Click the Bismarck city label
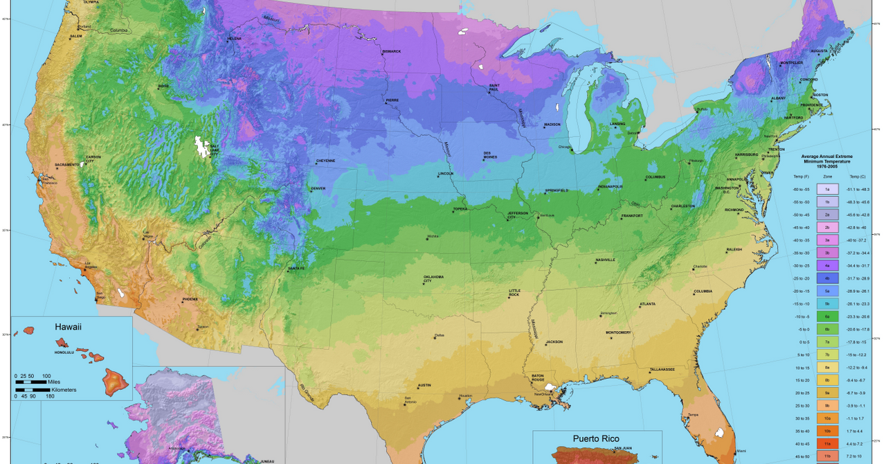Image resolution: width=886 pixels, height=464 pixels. (x=391, y=51)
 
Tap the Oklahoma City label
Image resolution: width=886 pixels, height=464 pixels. (x=434, y=278)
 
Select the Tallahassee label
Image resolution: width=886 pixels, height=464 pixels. (x=662, y=369)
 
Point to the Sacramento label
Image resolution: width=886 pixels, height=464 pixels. (x=67, y=164)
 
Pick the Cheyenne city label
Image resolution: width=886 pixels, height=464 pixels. (x=325, y=161)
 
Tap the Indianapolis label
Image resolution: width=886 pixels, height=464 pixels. (x=611, y=186)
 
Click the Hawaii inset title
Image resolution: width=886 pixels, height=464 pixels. (x=69, y=326)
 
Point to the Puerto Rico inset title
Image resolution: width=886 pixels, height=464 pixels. (x=596, y=438)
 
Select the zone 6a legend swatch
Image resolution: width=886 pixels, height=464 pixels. (x=827, y=316)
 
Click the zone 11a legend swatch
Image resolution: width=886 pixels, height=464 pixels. (x=827, y=443)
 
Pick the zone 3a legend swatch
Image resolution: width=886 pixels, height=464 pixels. (x=827, y=240)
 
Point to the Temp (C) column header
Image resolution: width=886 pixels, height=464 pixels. (x=856, y=177)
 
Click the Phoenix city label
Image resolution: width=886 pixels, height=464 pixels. (x=190, y=299)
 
